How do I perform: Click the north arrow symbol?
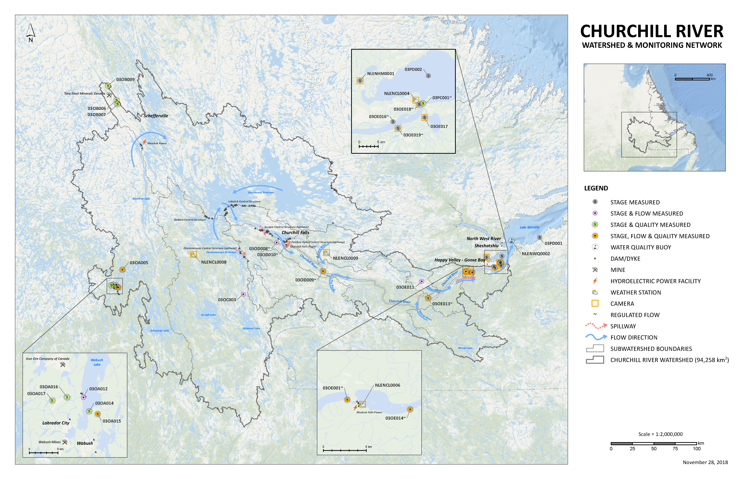pos(30,33)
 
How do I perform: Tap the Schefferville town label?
pos(156,116)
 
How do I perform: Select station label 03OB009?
pos(125,80)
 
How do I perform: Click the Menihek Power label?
pos(157,143)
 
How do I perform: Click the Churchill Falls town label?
pos(295,232)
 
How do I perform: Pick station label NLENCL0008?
pos(214,262)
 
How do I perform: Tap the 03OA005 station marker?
pos(122,270)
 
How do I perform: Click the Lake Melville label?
pos(529,227)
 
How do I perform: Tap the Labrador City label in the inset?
pos(56,423)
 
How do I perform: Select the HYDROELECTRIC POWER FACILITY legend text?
pos(655,281)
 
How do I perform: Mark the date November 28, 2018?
pos(705,462)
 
